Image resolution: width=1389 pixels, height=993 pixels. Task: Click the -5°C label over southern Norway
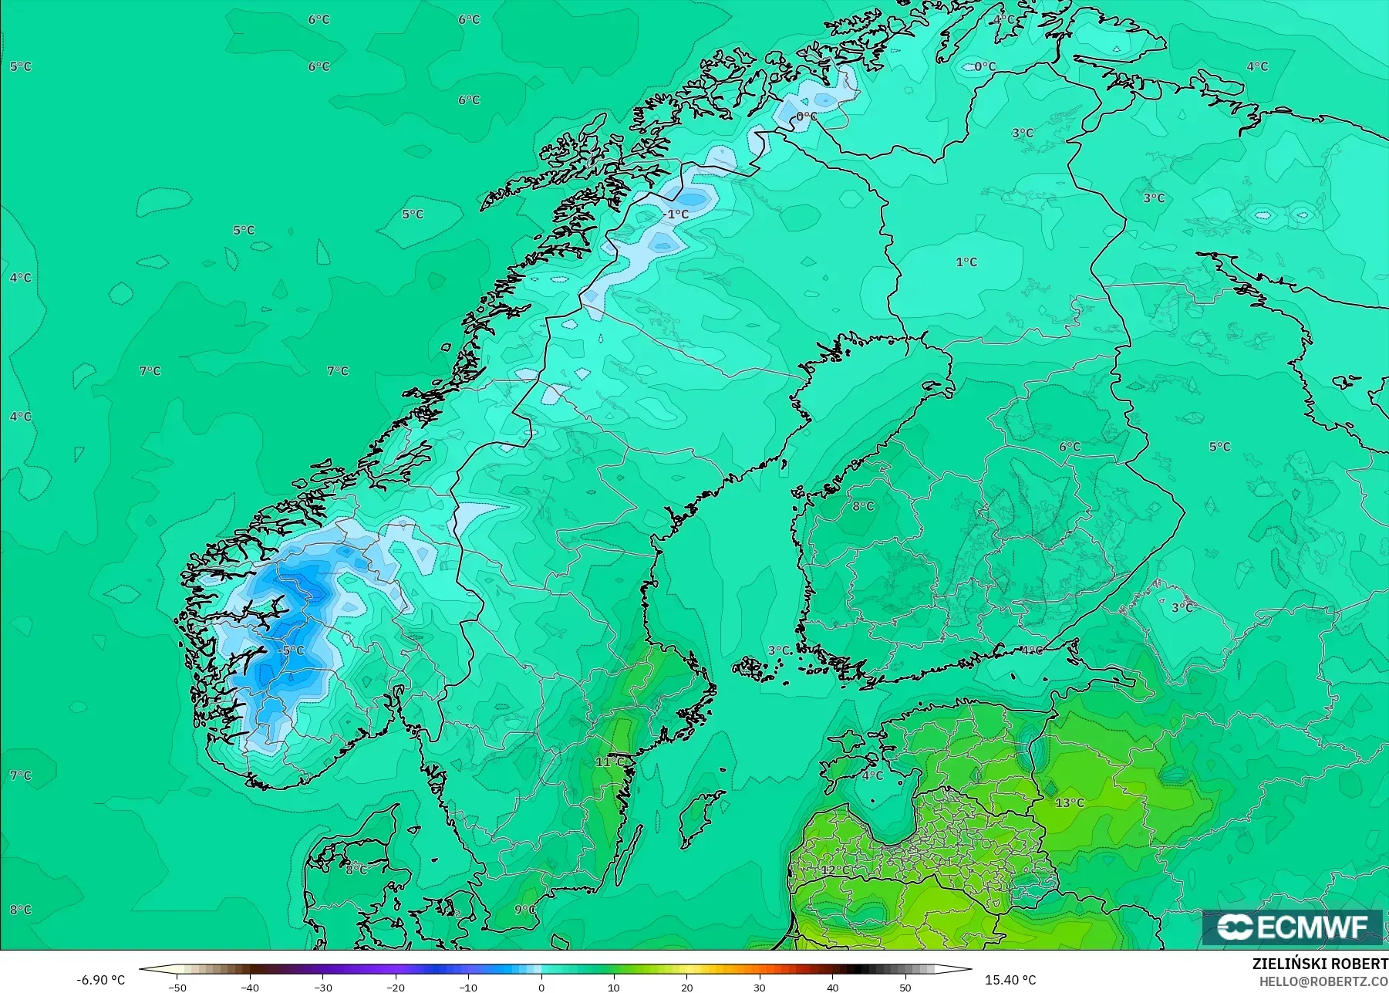click(292, 650)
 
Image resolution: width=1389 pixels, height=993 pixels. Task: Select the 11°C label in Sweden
click(609, 762)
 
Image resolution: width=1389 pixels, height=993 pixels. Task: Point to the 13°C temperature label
click(1069, 802)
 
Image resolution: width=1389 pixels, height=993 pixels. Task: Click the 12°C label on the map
click(834, 870)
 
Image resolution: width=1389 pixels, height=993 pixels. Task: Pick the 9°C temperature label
click(525, 910)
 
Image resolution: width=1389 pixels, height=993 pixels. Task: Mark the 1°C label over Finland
click(966, 262)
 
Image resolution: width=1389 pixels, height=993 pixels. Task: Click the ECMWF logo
click(1293, 927)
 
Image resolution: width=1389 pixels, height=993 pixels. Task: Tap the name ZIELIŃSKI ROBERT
click(1320, 964)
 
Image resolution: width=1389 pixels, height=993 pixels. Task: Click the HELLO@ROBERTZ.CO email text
click(1323, 981)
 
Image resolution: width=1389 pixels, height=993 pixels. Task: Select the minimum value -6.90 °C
click(100, 980)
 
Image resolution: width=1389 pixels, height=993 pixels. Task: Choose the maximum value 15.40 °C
click(1010, 980)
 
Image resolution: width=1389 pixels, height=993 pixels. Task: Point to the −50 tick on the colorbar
click(177, 987)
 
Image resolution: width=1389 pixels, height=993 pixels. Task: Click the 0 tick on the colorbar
click(541, 987)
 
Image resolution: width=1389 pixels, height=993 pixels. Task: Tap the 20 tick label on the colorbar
click(686, 987)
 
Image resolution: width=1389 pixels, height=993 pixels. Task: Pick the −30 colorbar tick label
click(322, 987)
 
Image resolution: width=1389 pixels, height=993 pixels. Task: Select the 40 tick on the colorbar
click(832, 987)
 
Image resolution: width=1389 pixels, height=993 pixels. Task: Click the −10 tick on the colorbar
click(468, 987)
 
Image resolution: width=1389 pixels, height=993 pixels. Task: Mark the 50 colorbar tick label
click(905, 987)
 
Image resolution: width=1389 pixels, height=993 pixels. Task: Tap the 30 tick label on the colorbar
click(760, 987)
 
